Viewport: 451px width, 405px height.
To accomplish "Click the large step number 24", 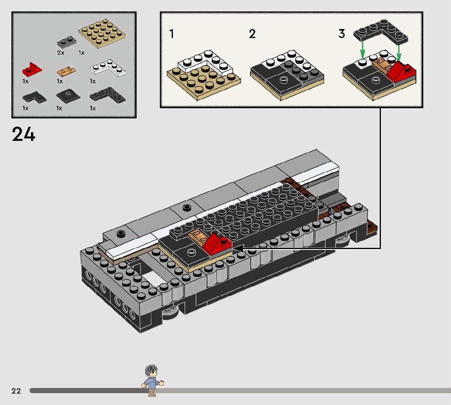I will tap(24, 134).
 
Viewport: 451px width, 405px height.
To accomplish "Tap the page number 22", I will tap(16, 391).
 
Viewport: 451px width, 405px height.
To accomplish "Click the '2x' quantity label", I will tap(61, 53).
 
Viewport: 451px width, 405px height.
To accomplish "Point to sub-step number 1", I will tap(172, 34).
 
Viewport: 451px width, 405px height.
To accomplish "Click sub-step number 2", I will tap(252, 34).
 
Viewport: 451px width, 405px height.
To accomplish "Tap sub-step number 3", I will tap(341, 34).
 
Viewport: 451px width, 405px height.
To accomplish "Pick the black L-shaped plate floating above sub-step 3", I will tap(381, 32).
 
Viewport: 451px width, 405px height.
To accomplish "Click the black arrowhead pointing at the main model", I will tap(237, 248).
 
